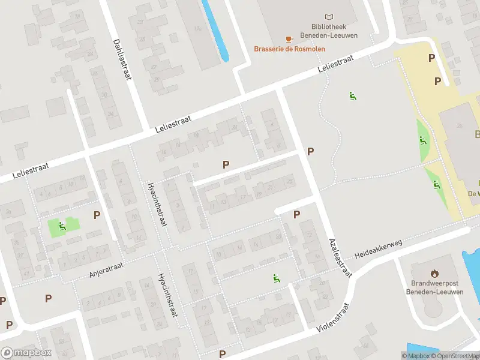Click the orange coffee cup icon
(289, 39)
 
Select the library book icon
(329, 17)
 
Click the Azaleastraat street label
(339, 257)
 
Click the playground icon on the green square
(62, 226)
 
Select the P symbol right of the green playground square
(97, 215)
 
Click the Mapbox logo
(26, 353)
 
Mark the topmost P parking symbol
(431, 58)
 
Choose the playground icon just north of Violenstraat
(277, 278)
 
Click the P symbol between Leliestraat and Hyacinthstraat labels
(226, 164)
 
